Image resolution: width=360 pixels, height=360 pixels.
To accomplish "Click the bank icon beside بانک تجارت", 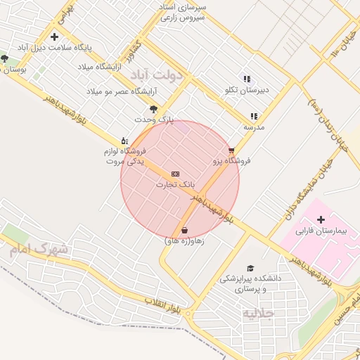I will [x=175, y=174].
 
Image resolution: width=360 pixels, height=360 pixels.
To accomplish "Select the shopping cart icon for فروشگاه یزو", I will [x=231, y=150].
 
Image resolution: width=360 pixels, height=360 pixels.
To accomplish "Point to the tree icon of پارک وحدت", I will [x=153, y=109].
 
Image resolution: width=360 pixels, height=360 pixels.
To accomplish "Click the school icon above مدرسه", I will [x=253, y=117].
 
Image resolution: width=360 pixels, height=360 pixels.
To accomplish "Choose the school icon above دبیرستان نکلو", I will [x=246, y=79].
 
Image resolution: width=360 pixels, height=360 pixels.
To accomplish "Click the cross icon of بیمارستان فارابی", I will [x=321, y=220].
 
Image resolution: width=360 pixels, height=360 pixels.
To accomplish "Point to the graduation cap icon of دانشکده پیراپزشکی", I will [x=250, y=268].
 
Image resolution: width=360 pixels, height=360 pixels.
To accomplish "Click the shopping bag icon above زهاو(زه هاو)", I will [x=184, y=230].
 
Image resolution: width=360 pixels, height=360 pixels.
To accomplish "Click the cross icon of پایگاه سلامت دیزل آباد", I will [x=54, y=37].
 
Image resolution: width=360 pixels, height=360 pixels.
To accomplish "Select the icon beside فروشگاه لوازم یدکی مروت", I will [x=124, y=141].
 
